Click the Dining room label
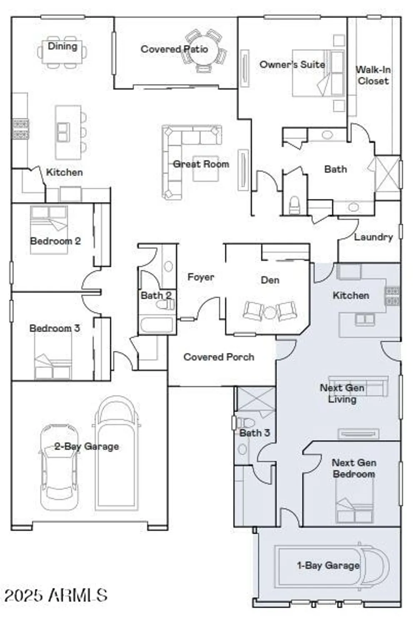click(x=62, y=46)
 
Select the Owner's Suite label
click(x=292, y=64)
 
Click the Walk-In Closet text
click(x=373, y=75)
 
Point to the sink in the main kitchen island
click(x=63, y=132)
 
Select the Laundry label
click(x=373, y=237)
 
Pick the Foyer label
click(x=200, y=277)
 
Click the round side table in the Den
click(x=270, y=312)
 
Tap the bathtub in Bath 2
click(x=157, y=324)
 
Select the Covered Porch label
click(x=219, y=357)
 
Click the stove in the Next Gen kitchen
click(x=392, y=295)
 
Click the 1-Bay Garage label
click(x=328, y=565)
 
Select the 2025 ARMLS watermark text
click(x=56, y=595)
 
